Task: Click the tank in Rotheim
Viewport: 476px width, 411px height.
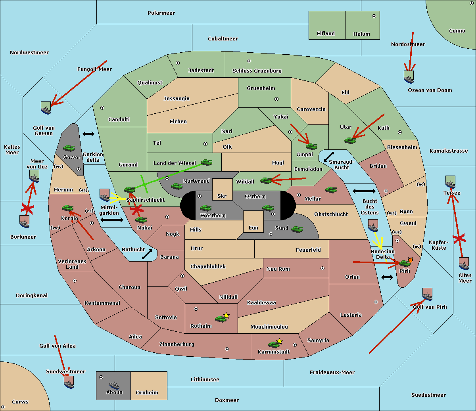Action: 221,319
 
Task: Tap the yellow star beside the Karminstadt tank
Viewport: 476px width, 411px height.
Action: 279,341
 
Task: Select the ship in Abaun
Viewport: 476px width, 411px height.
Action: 114,385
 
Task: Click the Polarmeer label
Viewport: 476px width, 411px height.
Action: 161,13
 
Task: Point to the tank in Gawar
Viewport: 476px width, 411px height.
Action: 69,148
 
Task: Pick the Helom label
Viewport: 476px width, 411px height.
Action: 361,34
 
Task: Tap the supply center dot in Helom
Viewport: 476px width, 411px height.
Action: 374,16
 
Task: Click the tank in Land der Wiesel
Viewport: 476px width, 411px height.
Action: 206,162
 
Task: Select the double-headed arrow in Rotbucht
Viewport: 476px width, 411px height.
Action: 147,254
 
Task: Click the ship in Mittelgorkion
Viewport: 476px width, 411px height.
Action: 105,195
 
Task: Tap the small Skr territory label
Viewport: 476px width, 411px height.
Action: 222,196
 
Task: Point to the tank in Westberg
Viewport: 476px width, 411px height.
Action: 205,208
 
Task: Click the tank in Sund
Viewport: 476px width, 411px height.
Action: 297,229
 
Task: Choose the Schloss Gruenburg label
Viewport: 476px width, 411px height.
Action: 257,71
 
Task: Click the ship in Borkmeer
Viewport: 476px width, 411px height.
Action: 25,222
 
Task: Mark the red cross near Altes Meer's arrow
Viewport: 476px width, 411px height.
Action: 459,239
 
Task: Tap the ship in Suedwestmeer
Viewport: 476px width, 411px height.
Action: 69,382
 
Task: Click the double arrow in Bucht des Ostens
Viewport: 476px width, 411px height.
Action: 364,191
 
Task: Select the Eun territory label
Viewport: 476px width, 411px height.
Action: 253,227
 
